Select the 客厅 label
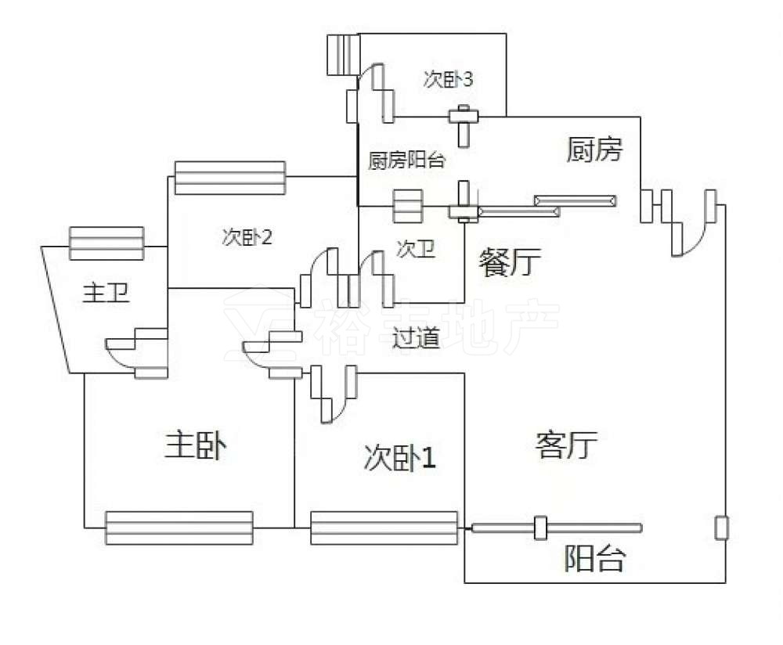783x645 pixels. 566,445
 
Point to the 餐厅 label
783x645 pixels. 510,261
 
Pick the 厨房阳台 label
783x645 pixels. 406,160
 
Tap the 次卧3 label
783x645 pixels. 448,79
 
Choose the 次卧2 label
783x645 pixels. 247,236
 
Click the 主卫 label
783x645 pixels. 106,293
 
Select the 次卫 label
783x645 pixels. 416,249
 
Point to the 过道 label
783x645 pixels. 416,338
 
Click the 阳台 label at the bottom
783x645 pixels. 595,557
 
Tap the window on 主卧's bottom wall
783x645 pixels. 179,528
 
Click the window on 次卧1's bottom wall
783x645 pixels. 384,528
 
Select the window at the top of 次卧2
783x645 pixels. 229,178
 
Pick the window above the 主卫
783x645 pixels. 106,243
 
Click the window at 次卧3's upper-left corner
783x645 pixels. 344,55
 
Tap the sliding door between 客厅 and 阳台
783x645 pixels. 556,528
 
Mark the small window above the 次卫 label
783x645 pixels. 408,206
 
